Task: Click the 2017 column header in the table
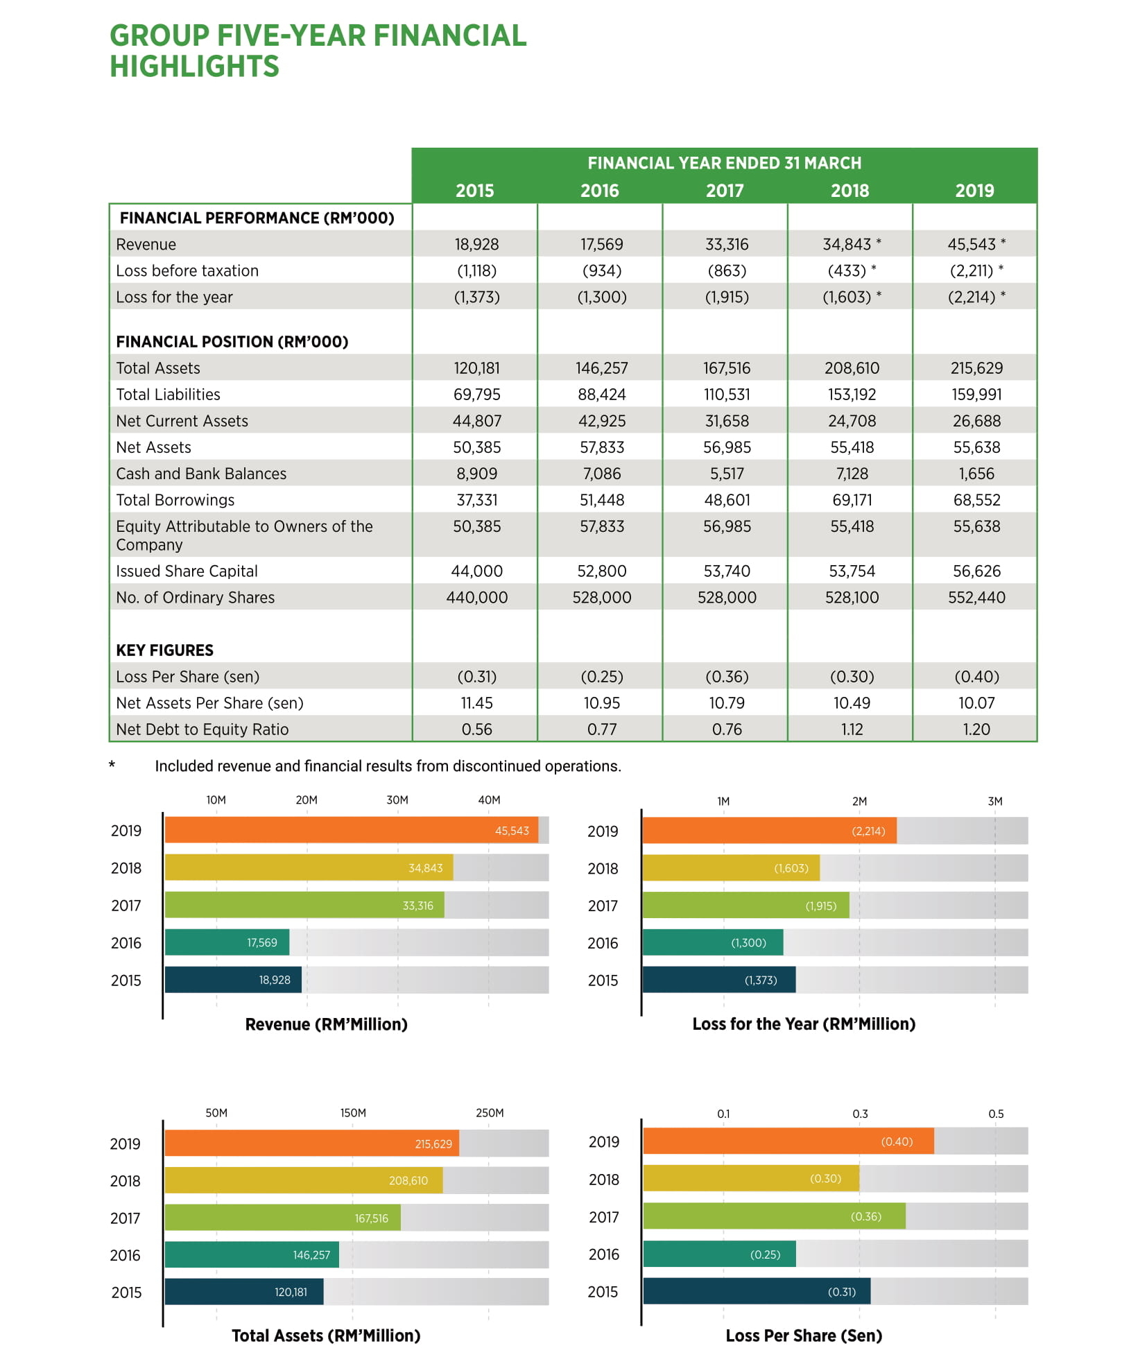tap(724, 191)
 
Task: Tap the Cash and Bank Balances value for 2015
tap(476, 474)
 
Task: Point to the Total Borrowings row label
tap(175, 500)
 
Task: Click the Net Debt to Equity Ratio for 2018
tap(851, 729)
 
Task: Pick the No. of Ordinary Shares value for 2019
tap(976, 597)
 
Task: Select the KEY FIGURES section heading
tap(164, 650)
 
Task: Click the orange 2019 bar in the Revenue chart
tap(351, 830)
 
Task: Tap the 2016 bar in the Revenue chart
tap(227, 942)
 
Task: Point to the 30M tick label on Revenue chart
tap(397, 800)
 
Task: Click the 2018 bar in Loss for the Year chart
tap(730, 868)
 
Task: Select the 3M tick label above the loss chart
tap(994, 801)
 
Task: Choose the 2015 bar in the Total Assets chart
tap(243, 1291)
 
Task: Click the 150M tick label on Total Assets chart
tap(352, 1112)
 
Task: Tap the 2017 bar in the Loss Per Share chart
tap(773, 1216)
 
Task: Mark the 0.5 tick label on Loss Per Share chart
tap(995, 1113)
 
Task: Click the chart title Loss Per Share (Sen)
tap(803, 1335)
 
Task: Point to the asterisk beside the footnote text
tap(112, 766)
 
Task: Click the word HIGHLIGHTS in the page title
tap(194, 67)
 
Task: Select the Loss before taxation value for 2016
tap(601, 270)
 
